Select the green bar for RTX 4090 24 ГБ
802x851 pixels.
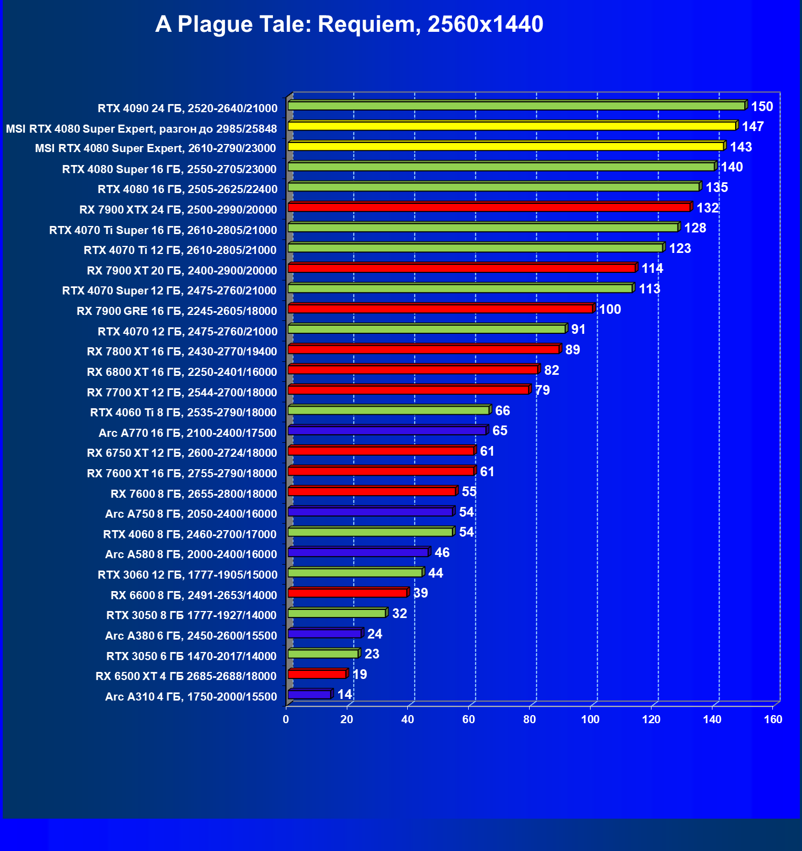(x=517, y=106)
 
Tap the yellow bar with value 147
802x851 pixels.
(x=512, y=126)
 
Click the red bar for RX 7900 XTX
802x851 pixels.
(x=489, y=207)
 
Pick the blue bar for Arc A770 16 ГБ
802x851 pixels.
(x=387, y=430)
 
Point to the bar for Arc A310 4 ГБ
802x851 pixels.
(x=310, y=695)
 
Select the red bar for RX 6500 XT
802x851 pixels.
(x=317, y=674)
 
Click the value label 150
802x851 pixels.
(x=762, y=107)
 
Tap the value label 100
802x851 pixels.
(x=610, y=310)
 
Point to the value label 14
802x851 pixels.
(x=345, y=695)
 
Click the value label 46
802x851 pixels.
(x=442, y=553)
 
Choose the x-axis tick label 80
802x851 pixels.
(x=529, y=719)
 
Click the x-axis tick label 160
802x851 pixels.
(x=773, y=719)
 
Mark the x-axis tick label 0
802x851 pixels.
(x=286, y=719)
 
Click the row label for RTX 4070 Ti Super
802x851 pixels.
(x=163, y=230)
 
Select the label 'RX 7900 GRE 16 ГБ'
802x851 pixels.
(x=177, y=311)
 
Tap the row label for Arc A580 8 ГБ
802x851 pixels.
(x=191, y=554)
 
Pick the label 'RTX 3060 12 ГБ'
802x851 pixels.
(x=188, y=575)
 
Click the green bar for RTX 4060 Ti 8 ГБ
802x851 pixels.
(x=388, y=410)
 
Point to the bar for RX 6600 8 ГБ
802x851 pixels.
(x=347, y=593)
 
